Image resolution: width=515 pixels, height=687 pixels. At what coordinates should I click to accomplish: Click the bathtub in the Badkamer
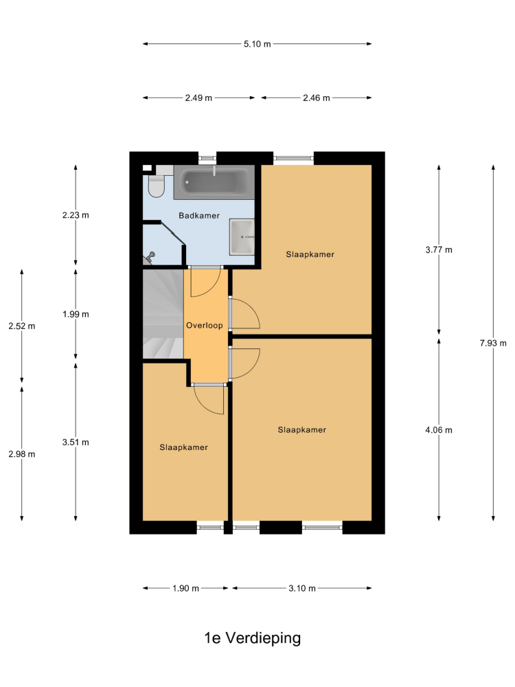(214, 182)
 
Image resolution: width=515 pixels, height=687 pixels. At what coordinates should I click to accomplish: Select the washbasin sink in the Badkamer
(242, 236)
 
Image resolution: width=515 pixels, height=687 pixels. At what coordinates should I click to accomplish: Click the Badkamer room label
(199, 216)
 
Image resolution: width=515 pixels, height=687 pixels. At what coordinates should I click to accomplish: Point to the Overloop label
(205, 325)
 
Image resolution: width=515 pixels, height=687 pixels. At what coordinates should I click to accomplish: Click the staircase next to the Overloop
(163, 314)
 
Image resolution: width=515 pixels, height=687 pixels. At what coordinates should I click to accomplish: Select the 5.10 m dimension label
(257, 44)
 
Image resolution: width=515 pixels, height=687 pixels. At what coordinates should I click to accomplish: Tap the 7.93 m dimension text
(493, 343)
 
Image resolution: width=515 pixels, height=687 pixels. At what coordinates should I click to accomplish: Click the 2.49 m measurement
(198, 98)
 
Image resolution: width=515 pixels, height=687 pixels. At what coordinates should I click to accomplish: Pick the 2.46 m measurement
(317, 98)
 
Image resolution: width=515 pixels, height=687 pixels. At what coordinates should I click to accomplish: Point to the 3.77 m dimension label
(439, 250)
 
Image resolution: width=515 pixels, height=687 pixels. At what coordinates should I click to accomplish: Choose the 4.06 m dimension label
(439, 430)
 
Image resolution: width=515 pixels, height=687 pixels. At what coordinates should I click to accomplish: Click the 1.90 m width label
(185, 588)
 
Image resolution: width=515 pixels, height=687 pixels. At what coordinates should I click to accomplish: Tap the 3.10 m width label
(302, 588)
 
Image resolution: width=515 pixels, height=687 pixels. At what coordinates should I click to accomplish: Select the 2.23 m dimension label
(76, 215)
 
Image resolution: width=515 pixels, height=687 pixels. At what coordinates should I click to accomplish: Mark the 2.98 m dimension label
(22, 454)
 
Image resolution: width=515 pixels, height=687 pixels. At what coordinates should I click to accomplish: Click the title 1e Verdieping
(253, 638)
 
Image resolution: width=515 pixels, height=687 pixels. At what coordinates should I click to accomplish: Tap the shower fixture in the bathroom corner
(150, 258)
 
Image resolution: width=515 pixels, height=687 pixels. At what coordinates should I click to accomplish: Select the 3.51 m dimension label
(76, 442)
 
